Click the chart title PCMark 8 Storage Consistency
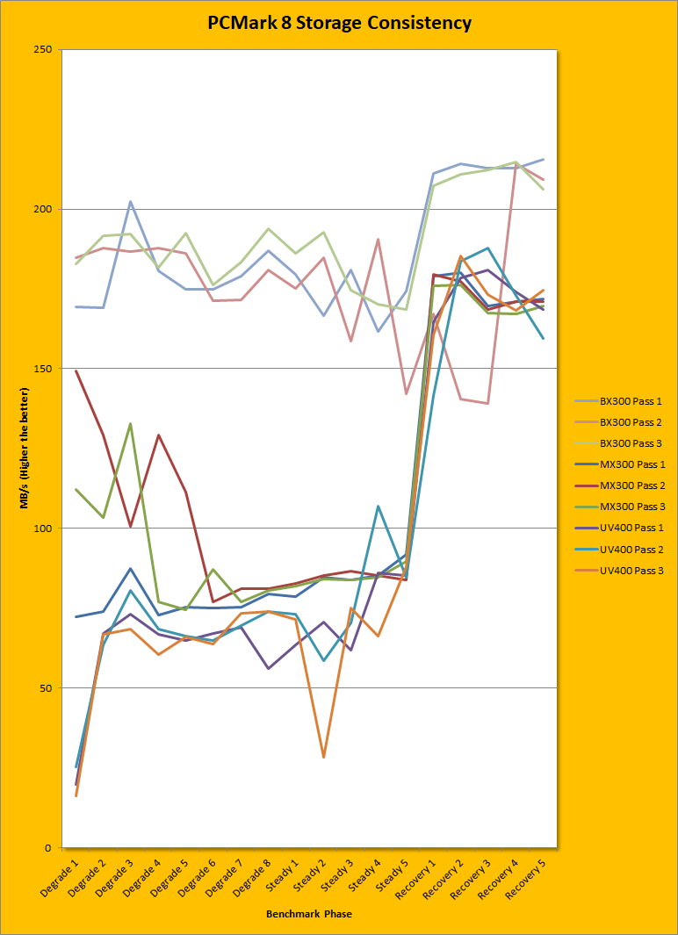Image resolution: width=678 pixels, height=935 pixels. (339, 23)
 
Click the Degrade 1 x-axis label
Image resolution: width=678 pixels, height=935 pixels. (62, 877)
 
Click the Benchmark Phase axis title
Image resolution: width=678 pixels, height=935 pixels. (309, 914)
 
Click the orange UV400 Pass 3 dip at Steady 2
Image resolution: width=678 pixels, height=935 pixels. (323, 757)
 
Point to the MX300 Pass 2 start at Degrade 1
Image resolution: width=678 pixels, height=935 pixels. (76, 370)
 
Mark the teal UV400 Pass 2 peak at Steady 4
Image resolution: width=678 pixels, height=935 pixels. (378, 507)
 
